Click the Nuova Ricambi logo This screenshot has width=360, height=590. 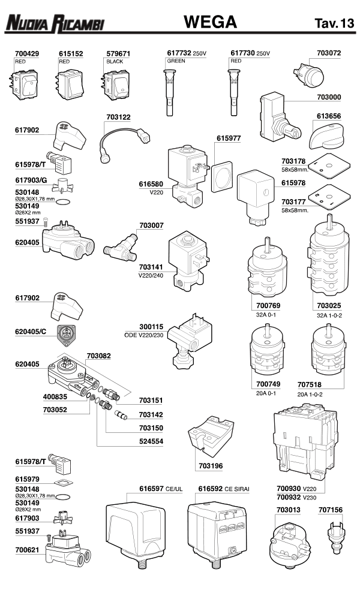click(54, 24)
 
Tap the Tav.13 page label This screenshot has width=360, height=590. click(334, 25)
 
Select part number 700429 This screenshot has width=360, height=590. click(26, 53)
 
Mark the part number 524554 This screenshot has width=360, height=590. click(151, 441)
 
